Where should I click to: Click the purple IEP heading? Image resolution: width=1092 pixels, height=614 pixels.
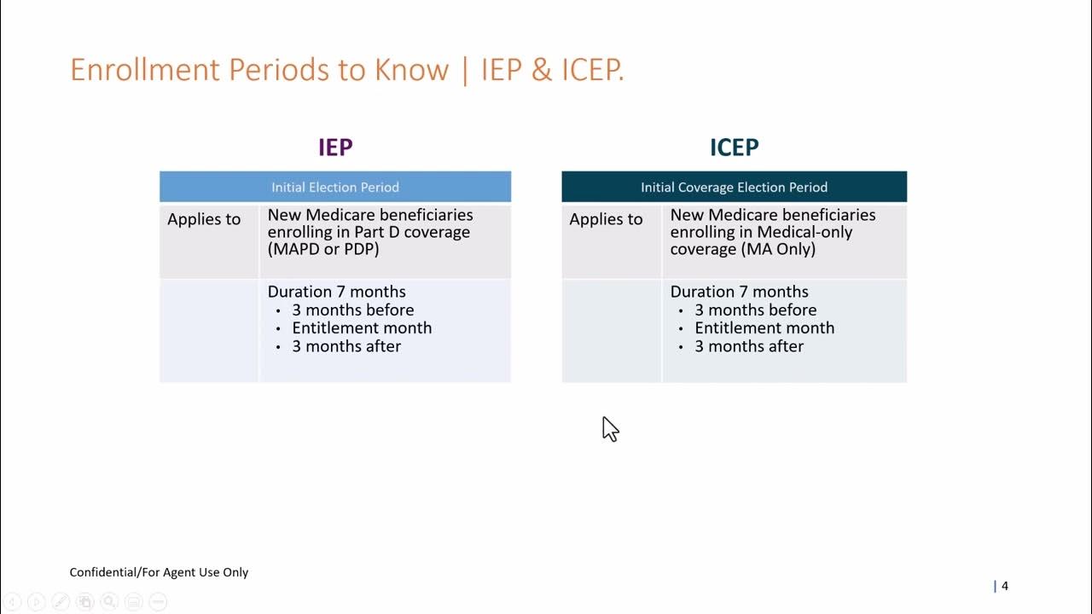pos(335,148)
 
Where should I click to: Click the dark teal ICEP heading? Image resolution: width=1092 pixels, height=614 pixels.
pos(734,148)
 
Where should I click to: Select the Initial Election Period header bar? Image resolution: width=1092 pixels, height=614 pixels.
pos(335,187)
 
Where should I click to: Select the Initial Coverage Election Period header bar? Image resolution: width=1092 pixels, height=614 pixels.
pos(734,187)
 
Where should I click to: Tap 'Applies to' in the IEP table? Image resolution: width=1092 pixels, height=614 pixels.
pos(204,219)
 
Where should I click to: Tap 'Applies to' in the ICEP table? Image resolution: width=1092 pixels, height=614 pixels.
pos(606,219)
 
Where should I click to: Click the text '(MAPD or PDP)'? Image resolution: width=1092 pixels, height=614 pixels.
pos(323,250)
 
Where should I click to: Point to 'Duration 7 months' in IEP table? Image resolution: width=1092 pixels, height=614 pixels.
pos(336,292)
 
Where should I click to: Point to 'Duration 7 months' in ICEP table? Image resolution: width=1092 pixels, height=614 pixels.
pos(739,292)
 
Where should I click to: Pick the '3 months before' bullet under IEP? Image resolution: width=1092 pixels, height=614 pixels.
pos(352,310)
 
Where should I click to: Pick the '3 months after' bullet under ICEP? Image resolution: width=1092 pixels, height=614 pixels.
pos(748,346)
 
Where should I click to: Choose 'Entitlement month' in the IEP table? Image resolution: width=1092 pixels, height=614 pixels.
pos(362,328)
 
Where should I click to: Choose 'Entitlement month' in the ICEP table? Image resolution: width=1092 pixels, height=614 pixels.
pos(764,328)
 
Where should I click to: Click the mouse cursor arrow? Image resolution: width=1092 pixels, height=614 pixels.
pos(609,428)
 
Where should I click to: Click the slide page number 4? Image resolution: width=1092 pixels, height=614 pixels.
pos(1005,586)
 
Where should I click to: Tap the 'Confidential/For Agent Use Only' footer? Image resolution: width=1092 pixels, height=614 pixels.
pos(159,572)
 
